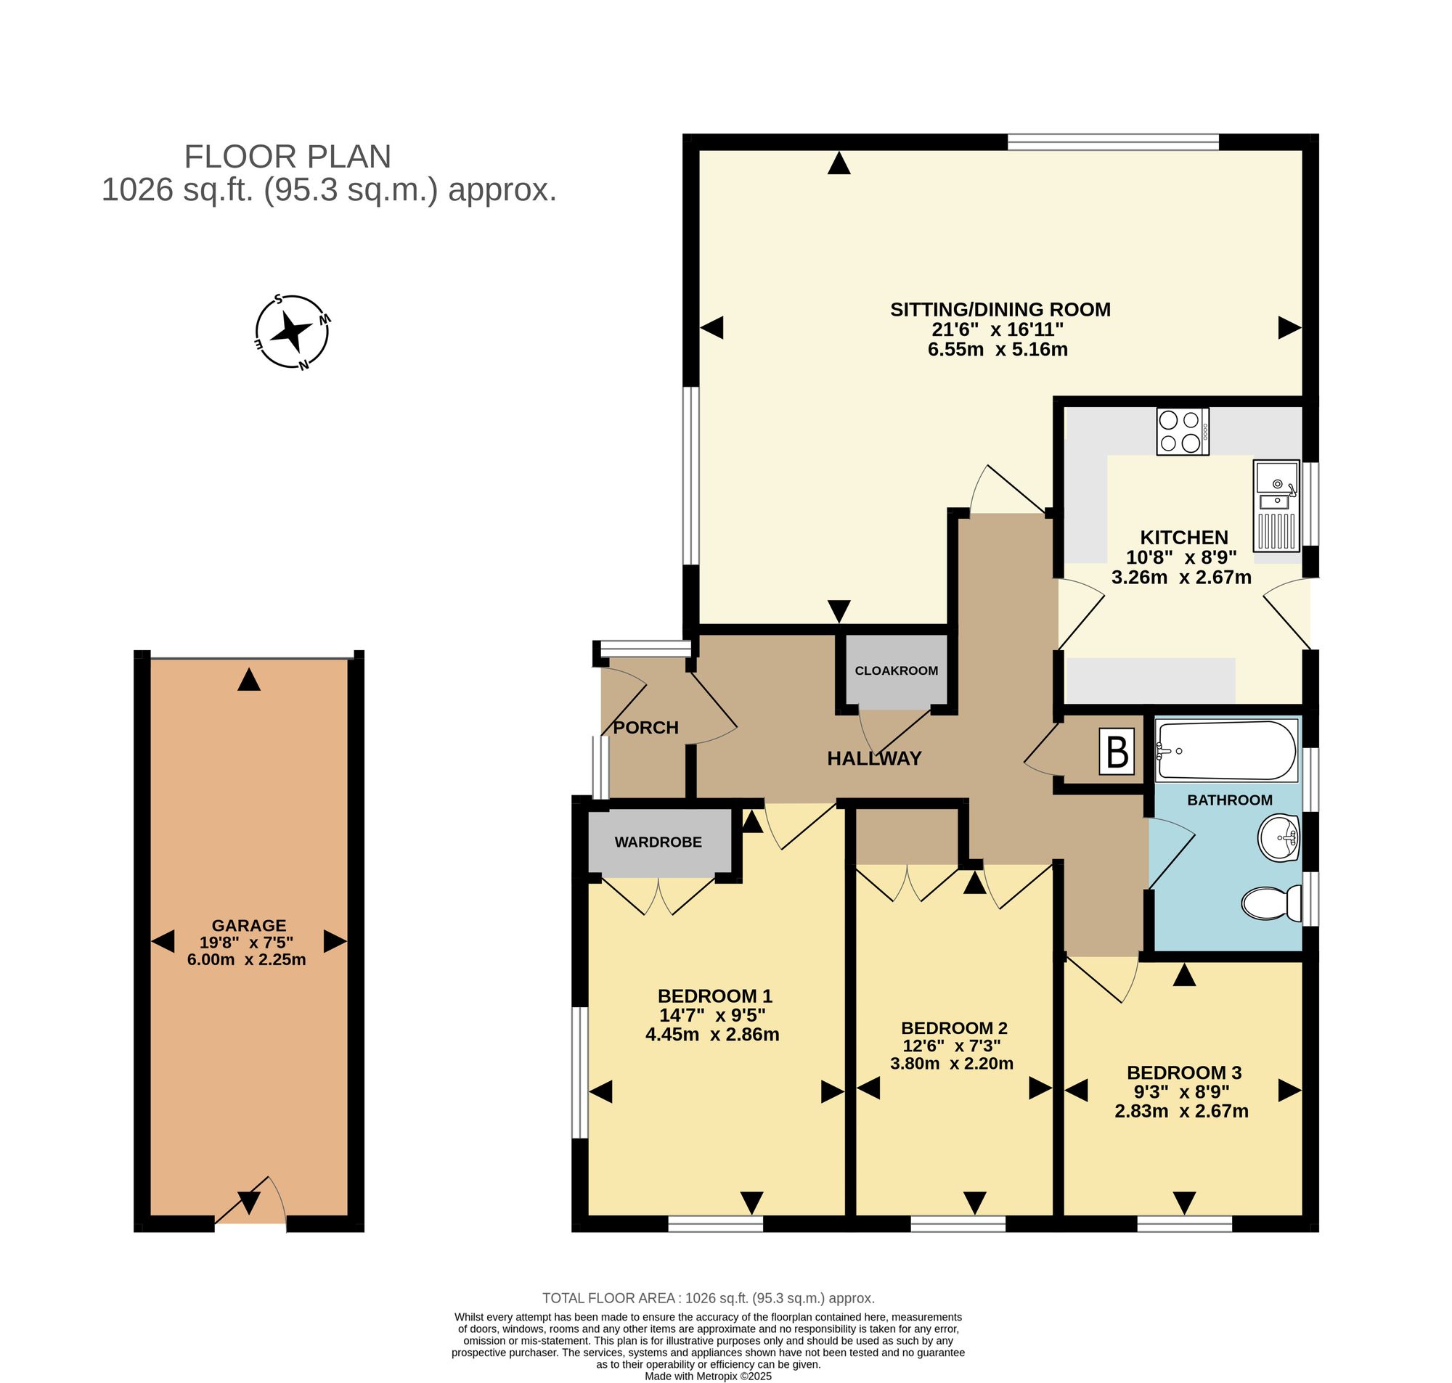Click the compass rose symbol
[x=292, y=332]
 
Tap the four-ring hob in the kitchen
[x=1182, y=431]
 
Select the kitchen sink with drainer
[x=1276, y=506]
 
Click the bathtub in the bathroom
[x=1227, y=750]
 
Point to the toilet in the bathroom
[x=1271, y=903]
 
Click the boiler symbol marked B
[x=1117, y=752]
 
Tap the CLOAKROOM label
[x=896, y=671]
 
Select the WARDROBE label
[x=658, y=842]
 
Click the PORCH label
[x=646, y=728]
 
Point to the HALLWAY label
[x=874, y=758]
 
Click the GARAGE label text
[x=248, y=925]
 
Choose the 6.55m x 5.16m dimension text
[x=997, y=350]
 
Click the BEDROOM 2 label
[x=953, y=1027]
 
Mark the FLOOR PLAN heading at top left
[x=287, y=156]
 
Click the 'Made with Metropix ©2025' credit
[x=708, y=1376]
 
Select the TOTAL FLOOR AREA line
[x=708, y=1298]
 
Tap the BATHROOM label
[x=1229, y=800]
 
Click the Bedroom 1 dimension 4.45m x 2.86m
[x=711, y=1034]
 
